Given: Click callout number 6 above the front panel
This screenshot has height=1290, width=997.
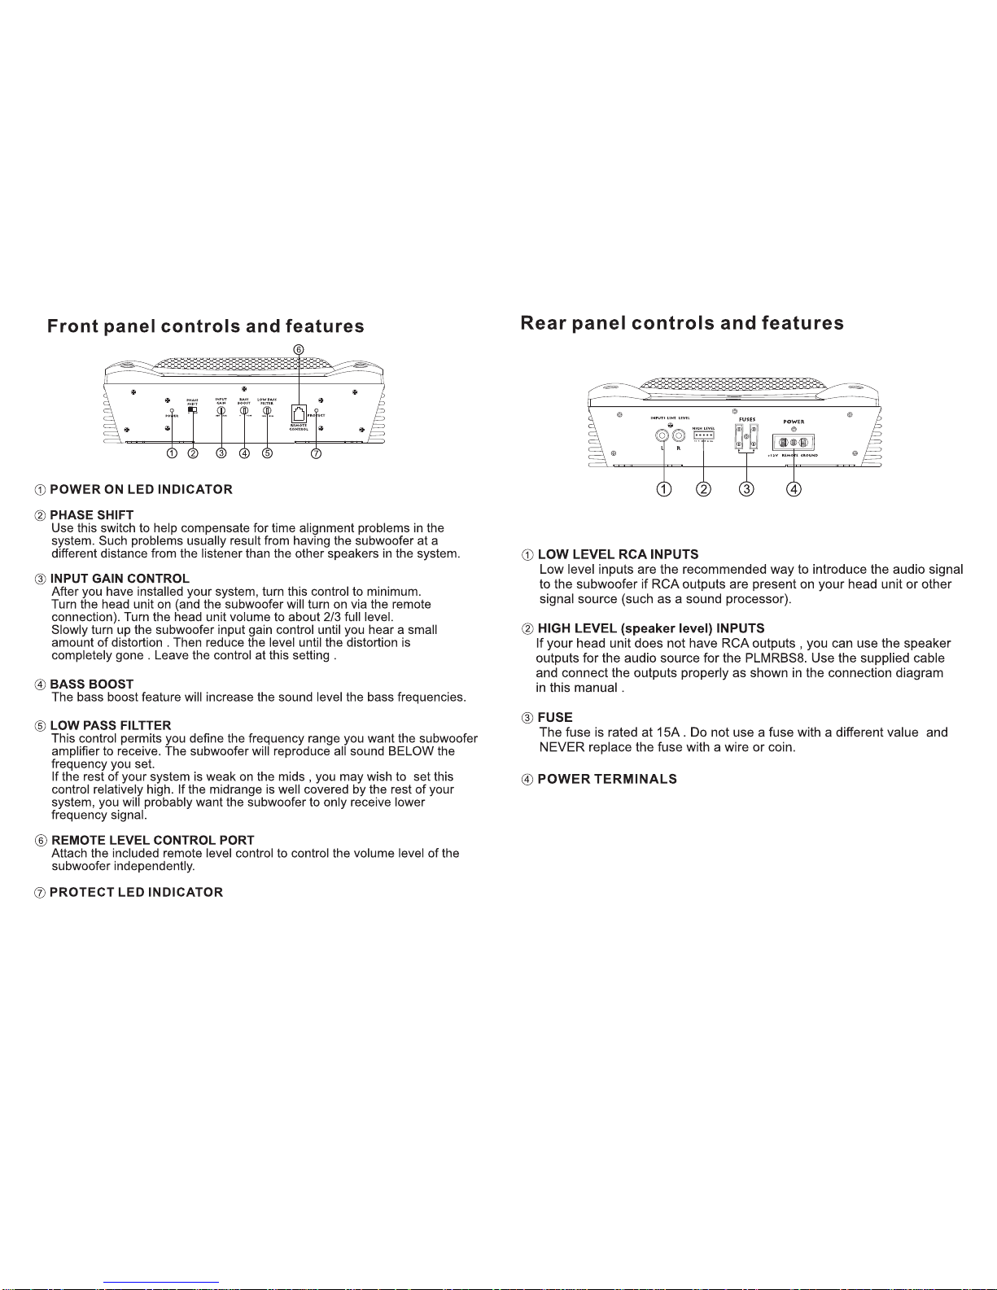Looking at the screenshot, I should [x=299, y=349].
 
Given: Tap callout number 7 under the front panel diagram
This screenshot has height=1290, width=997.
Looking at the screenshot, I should [x=317, y=453].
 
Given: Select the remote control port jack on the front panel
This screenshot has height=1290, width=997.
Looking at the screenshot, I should [x=299, y=413].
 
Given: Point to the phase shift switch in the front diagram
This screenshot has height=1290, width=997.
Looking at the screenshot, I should [x=192, y=410].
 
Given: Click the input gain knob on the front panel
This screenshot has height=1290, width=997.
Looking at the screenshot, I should [x=221, y=411].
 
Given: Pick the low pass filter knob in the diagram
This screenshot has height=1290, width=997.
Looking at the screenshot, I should [x=267, y=411].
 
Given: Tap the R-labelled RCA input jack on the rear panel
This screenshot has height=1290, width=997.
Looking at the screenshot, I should [x=679, y=435].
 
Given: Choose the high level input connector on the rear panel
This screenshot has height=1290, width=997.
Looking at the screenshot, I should [x=704, y=435].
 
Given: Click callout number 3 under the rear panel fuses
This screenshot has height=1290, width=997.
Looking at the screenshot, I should [x=746, y=489].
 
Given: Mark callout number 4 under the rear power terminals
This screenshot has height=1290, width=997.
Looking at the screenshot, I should [x=794, y=489].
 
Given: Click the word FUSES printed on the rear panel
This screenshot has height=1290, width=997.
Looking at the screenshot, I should [x=747, y=419].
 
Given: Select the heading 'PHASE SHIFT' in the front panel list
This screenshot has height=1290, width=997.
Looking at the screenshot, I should [x=91, y=515].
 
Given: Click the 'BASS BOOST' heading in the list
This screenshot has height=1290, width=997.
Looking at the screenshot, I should [x=91, y=684].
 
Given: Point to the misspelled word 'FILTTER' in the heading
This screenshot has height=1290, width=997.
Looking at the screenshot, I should [x=147, y=726].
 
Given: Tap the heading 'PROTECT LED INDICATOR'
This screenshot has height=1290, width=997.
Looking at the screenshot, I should [x=136, y=893].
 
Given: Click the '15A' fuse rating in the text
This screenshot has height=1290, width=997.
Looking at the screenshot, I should [x=667, y=732].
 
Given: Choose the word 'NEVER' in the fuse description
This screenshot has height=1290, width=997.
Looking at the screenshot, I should [x=558, y=747].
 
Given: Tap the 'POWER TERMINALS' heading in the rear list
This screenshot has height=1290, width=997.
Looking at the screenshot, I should [x=607, y=780].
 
